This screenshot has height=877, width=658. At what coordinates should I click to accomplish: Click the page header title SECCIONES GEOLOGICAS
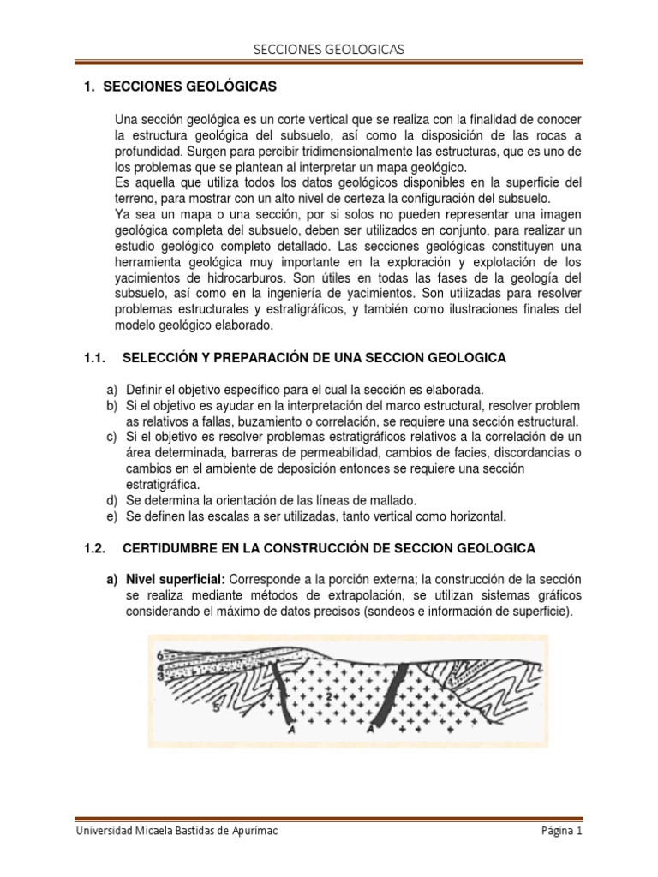[328, 51]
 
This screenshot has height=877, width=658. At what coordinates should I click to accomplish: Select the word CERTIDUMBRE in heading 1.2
[170, 546]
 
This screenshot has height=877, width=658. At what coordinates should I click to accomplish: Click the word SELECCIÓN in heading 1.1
[162, 356]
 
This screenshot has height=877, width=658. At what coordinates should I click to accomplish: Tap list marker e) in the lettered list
[111, 516]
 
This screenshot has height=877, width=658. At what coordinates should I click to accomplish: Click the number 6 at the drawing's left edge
[159, 656]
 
